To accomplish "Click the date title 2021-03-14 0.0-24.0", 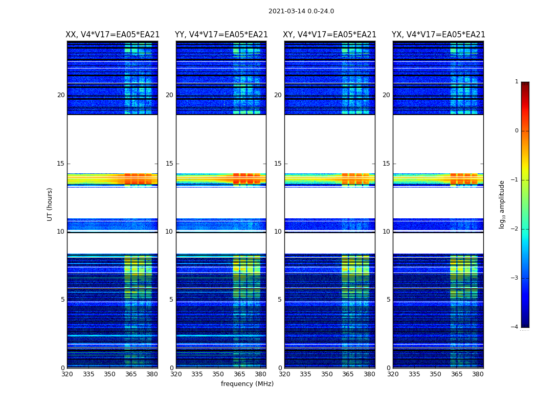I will tap(301, 11).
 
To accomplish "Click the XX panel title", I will tap(113, 35).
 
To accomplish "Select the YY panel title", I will tap(221, 35).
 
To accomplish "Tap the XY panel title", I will tap(330, 35).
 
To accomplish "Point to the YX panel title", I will tap(438, 35).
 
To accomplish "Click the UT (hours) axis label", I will tap(50, 204).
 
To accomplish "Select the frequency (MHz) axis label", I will tap(247, 384).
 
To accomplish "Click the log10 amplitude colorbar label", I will tap(502, 204).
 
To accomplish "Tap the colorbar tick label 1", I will tap(517, 82).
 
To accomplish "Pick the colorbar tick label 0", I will tap(517, 131).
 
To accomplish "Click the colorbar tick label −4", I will tap(515, 327).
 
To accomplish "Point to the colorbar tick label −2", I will tap(515, 229).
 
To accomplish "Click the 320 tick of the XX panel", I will tap(67, 374).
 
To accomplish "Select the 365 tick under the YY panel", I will tap(239, 374).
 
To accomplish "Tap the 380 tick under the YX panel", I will tap(478, 374).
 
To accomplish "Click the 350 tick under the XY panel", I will tap(327, 374).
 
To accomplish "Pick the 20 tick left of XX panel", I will tap(61, 95).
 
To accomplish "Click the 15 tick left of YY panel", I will tap(169, 164).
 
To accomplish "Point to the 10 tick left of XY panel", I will tap(278, 232).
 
